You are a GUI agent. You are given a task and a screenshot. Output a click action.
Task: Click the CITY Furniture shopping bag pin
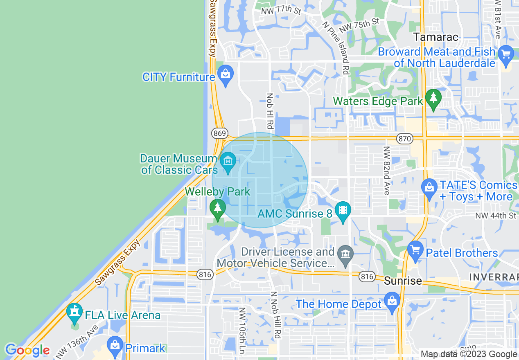(x=225, y=75)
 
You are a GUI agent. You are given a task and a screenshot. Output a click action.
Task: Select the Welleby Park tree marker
(x=218, y=208)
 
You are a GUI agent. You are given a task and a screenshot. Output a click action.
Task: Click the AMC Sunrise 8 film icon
(x=343, y=211)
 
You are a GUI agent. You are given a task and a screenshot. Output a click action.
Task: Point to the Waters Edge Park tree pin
(x=433, y=98)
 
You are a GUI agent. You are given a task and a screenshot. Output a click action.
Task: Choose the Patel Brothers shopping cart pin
(x=415, y=250)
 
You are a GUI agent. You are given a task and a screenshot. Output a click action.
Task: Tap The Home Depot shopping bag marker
(x=392, y=301)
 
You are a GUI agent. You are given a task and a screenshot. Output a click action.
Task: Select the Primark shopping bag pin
(x=115, y=346)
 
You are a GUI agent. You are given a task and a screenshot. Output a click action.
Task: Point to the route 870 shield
(x=405, y=139)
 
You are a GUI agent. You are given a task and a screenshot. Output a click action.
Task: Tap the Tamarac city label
(x=436, y=37)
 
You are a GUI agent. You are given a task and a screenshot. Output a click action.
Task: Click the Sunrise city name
(x=403, y=281)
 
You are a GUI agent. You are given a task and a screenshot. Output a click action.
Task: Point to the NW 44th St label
(x=496, y=216)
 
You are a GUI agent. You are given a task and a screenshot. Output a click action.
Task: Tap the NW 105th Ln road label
(x=242, y=331)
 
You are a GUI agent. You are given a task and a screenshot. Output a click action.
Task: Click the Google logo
(x=27, y=350)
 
